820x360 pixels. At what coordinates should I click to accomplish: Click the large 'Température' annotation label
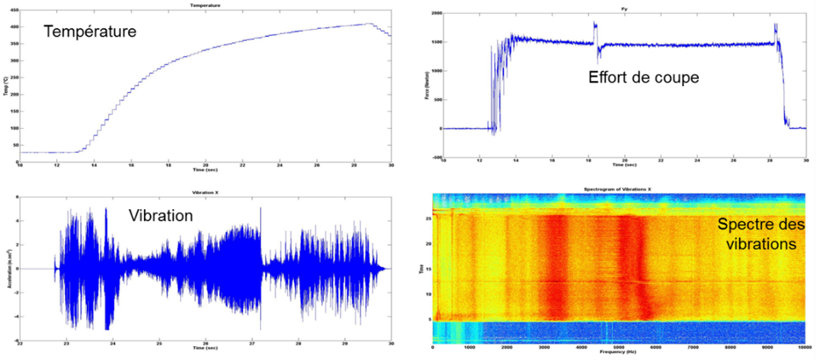point(90,32)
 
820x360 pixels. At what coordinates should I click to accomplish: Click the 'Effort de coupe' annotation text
point(643,77)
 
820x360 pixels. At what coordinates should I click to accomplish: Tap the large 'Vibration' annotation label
point(161,215)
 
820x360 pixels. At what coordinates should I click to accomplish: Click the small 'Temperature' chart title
point(206,6)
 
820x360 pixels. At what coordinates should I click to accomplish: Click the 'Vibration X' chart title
point(206,191)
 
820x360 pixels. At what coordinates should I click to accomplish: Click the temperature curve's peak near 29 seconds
point(370,24)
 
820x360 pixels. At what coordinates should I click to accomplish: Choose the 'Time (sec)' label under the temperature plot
point(205,168)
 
